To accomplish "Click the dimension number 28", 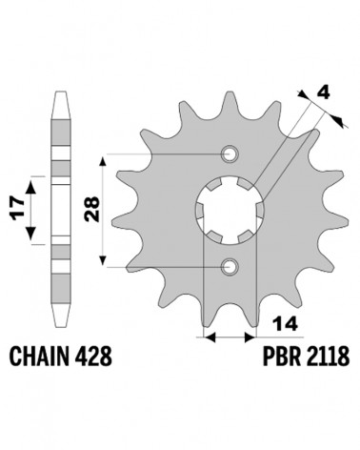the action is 92,209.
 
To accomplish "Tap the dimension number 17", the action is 17,209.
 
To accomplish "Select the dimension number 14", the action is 286,324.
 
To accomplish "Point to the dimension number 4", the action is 323,93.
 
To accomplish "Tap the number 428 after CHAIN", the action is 93,356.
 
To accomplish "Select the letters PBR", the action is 281,356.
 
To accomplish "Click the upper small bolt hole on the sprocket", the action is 230,154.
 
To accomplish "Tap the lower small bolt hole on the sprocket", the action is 230,267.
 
